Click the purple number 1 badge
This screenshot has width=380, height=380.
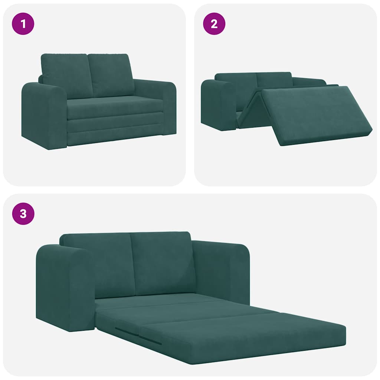(23, 24)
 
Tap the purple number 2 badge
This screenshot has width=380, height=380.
(214, 24)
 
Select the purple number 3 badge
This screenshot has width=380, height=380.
(23, 214)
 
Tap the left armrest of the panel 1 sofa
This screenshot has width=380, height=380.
(44, 115)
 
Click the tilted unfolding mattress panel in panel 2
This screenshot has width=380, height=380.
(315, 113)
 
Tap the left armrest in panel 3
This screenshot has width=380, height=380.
(65, 288)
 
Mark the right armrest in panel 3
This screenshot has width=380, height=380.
(223, 271)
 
